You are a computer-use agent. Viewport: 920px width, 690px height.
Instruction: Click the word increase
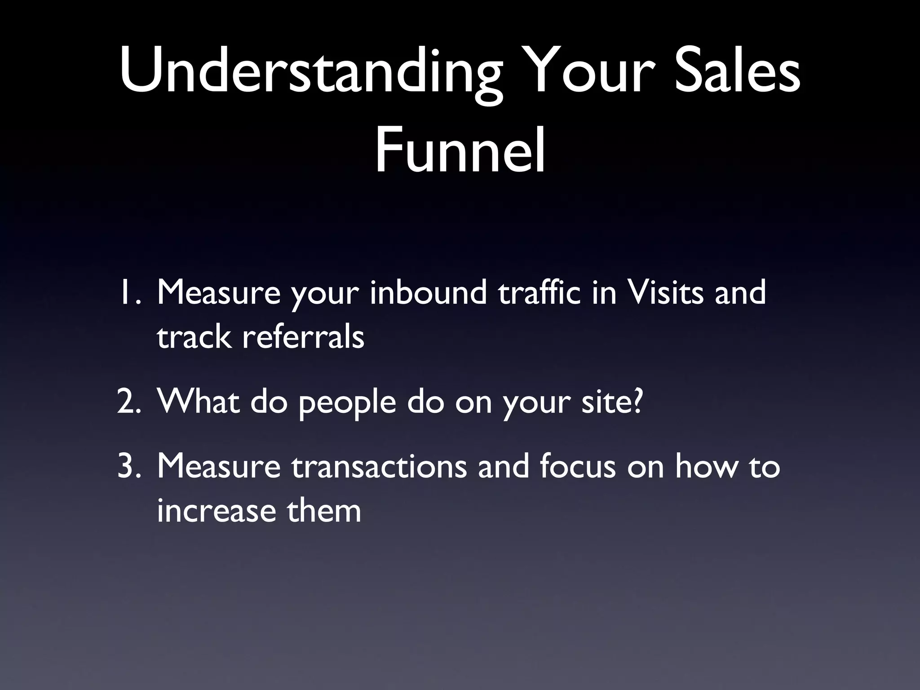(x=216, y=512)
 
